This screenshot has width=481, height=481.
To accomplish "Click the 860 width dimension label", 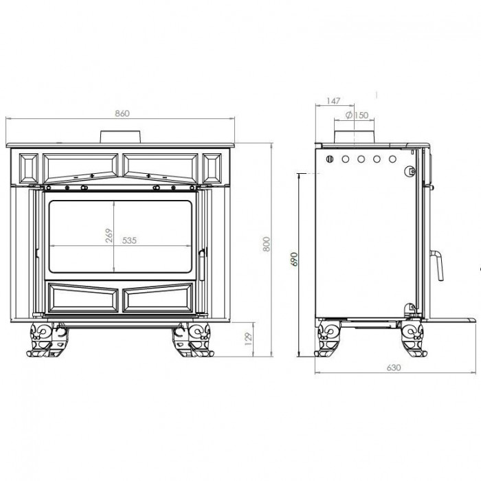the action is tap(122, 113).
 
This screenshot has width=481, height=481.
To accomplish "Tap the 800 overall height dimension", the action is tap(267, 244).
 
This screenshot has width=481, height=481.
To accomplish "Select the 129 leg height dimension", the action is tap(249, 339).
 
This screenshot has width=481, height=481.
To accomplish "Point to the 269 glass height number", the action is tap(109, 235).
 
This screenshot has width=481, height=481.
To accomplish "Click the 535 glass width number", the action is tap(129, 240).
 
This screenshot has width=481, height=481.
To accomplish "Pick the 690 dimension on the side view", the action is tap(294, 259).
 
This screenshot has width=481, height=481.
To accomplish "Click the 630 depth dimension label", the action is tap(394, 368).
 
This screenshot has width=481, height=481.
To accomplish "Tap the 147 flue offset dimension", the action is tap(333, 101).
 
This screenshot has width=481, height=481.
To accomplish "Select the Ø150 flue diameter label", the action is tap(357, 115).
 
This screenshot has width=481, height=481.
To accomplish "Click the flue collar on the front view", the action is tap(120, 137).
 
